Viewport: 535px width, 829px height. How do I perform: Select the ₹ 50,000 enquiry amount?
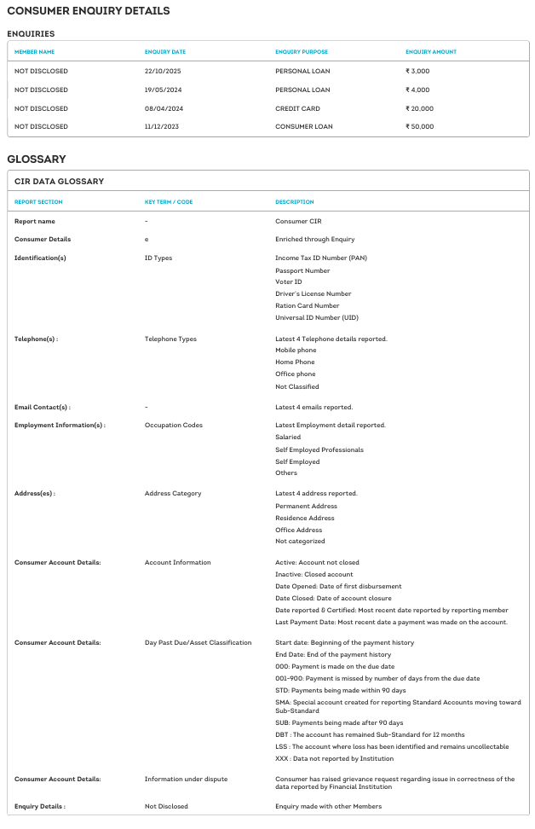[x=419, y=126]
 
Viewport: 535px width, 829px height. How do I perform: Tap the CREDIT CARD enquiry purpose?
[x=297, y=108]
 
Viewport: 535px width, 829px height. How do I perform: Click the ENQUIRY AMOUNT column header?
[x=430, y=52]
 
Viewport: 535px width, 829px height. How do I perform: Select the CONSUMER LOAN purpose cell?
[x=303, y=126]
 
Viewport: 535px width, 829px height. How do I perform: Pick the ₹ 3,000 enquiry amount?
[x=417, y=71]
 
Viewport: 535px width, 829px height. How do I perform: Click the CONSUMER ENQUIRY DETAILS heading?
[x=88, y=11]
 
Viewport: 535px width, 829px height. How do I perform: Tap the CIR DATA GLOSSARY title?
[x=59, y=181]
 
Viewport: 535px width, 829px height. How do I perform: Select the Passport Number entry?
[x=302, y=270]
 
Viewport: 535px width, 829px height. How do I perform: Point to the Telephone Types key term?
[x=170, y=339]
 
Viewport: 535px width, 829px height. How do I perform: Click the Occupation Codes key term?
[x=174, y=425]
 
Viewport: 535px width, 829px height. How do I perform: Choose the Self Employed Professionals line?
[x=319, y=449]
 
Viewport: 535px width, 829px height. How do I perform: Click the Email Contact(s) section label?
[x=43, y=407]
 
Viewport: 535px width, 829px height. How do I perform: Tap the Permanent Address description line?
[x=306, y=506]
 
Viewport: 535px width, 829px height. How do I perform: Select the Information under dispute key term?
[x=186, y=779]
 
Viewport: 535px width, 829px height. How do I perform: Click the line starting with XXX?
[x=334, y=758]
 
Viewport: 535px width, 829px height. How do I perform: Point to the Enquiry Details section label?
[x=40, y=806]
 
